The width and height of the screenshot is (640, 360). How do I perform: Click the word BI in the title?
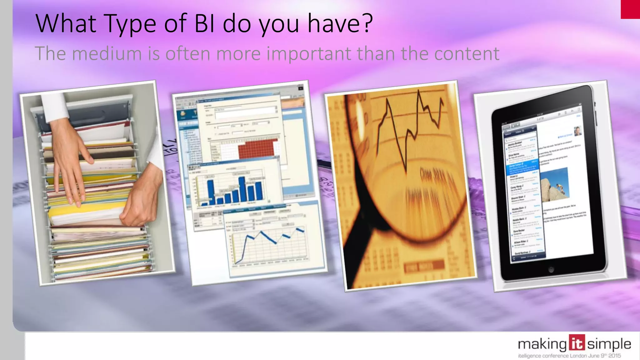[x=204, y=23]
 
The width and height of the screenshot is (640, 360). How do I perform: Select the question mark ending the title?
[x=367, y=23]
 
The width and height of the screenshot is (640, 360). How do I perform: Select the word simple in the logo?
[x=609, y=345]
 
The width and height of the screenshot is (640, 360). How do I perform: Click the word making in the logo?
[x=542, y=345]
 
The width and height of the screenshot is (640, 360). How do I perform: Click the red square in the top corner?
[x=630, y=9]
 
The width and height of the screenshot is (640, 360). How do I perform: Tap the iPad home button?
[x=552, y=269]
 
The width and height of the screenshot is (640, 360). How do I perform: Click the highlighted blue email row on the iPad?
[x=522, y=169]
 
